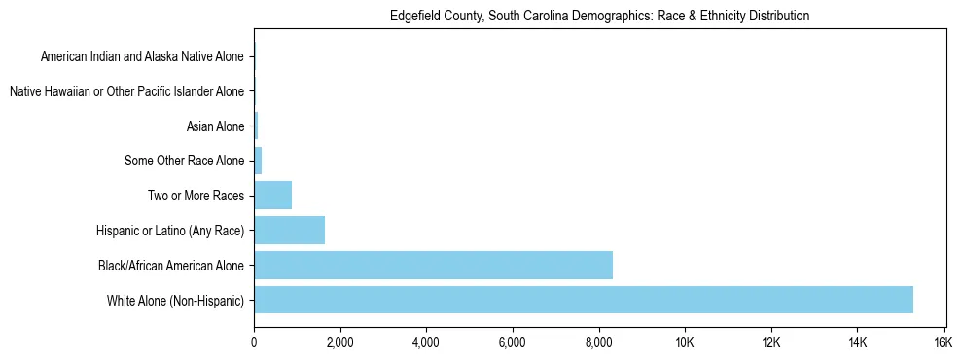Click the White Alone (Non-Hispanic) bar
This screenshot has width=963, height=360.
pyautogui.click(x=584, y=300)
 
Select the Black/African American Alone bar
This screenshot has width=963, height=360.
pyautogui.click(x=433, y=265)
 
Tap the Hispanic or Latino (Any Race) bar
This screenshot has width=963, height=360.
pyautogui.click(x=289, y=230)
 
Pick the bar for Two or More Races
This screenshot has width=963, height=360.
pyautogui.click(x=272, y=195)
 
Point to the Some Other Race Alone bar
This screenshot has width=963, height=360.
pyautogui.click(x=258, y=161)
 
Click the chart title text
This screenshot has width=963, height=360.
pyautogui.click(x=599, y=17)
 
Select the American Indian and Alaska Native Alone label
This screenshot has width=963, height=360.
pyautogui.click(x=142, y=56)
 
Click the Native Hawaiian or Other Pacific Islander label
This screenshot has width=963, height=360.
pyautogui.click(x=126, y=91)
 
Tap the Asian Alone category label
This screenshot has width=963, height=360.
pyautogui.click(x=215, y=126)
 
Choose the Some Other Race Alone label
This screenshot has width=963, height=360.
pyautogui.click(x=185, y=161)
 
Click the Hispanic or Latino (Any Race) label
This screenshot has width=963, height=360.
pyautogui.click(x=170, y=231)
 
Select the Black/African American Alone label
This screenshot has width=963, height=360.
pyautogui.click(x=171, y=265)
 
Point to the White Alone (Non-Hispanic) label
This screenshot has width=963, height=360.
pyautogui.click(x=176, y=300)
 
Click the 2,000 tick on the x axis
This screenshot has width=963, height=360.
pyautogui.click(x=339, y=342)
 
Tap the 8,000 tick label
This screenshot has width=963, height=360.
pyautogui.click(x=598, y=342)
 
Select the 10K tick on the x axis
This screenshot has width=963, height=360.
pyautogui.click(x=685, y=342)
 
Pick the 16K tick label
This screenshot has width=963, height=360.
pyautogui.click(x=943, y=342)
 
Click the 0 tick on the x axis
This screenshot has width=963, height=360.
pyautogui.click(x=254, y=342)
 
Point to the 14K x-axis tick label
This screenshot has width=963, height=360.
pyautogui.click(x=857, y=342)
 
